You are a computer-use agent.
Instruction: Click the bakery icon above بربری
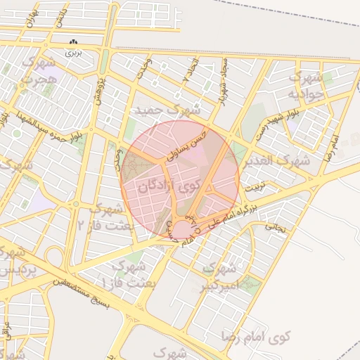click(x=74, y=42)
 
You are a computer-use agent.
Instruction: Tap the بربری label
click(x=74, y=52)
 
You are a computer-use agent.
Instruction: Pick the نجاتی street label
click(x=277, y=228)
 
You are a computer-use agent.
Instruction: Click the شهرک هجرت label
click(x=35, y=75)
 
